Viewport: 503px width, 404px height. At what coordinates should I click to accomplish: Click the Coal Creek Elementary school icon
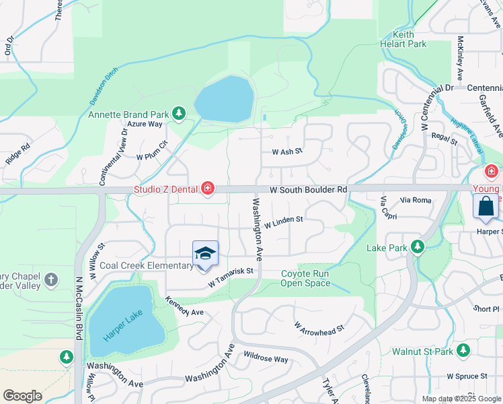(x=205, y=254)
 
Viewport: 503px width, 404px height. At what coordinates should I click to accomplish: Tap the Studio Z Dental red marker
(x=208, y=188)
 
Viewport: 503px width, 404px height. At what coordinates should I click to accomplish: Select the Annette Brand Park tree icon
(x=179, y=114)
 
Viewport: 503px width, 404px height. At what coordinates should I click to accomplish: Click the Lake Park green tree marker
(x=417, y=247)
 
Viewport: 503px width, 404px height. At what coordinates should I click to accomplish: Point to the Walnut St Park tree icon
(x=463, y=350)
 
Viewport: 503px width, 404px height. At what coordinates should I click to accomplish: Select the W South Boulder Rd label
(x=308, y=191)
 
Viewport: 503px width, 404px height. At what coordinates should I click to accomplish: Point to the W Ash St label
(x=287, y=152)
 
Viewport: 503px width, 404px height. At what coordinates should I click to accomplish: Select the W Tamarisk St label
(x=233, y=277)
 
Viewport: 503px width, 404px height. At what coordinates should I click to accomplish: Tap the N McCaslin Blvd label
(x=79, y=303)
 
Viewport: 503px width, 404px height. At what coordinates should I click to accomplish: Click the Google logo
(x=22, y=395)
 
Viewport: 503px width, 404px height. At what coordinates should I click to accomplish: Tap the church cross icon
(x=51, y=279)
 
